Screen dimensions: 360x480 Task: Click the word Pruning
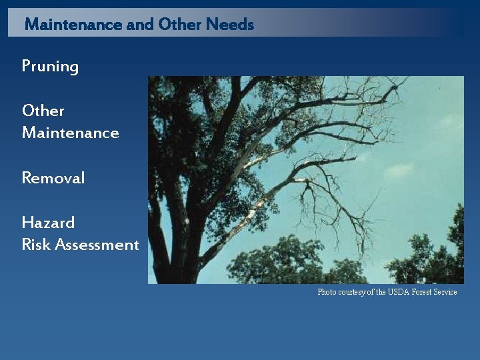pos(50,67)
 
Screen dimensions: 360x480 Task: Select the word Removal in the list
pos(53,178)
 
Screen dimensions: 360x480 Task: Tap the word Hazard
pos(48,223)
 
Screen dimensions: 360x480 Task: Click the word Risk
pos(36,245)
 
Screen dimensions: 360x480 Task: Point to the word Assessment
pos(97,245)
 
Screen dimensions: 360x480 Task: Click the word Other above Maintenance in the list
pos(43,111)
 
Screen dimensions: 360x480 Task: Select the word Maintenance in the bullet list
pos(71,133)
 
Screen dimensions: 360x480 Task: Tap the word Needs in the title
pos(230,25)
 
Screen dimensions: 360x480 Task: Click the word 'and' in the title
pos(140,25)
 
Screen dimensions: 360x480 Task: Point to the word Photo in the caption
pos(327,292)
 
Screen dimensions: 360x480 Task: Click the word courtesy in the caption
pos(352,292)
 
